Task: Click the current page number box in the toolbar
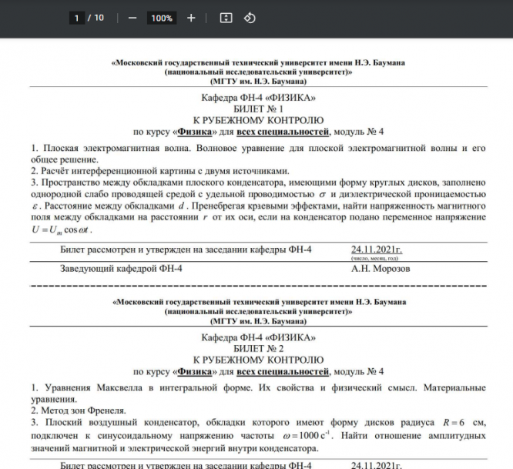77,18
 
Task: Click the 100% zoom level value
162,18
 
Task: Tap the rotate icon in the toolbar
250,18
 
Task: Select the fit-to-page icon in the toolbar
226,18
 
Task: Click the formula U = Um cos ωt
61,229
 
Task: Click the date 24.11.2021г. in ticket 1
376,249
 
